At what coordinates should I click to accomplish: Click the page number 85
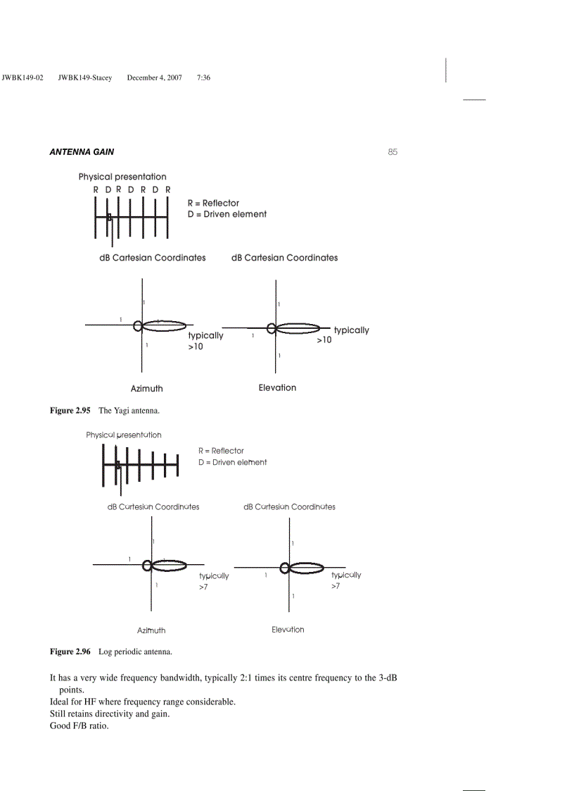pyautogui.click(x=393, y=151)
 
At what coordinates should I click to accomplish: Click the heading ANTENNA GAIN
pyautogui.click(x=82, y=152)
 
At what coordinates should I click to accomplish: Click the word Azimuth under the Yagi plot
pyautogui.click(x=146, y=388)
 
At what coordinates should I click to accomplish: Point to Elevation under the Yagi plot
pyautogui.click(x=277, y=387)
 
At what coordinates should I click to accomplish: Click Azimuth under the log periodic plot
pyautogui.click(x=151, y=630)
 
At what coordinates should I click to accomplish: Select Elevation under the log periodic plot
pyautogui.click(x=288, y=630)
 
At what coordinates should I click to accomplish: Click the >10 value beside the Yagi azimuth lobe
pyautogui.click(x=196, y=347)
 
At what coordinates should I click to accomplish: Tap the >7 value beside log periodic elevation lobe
pyautogui.click(x=336, y=586)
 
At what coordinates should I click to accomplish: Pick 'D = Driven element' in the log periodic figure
pyautogui.click(x=232, y=462)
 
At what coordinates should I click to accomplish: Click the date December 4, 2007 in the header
pyautogui.click(x=154, y=77)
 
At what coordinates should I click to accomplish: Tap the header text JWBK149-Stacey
pyautogui.click(x=85, y=77)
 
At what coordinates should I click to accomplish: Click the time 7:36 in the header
pyautogui.click(x=204, y=77)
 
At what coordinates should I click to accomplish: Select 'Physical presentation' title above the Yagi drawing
pyautogui.click(x=122, y=177)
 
